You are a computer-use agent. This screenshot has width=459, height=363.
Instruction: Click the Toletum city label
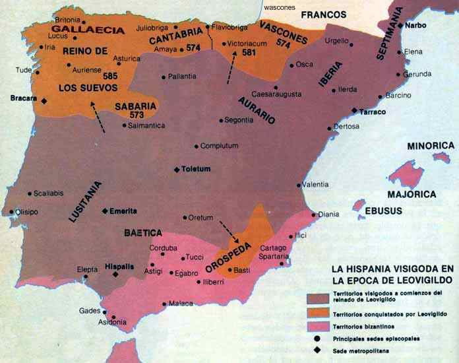point(196,169)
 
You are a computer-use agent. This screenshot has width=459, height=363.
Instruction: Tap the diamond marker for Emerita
point(105,211)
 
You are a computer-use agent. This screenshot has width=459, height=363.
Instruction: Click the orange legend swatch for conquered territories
point(319,314)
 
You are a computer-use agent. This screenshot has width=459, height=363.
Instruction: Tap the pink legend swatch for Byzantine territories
point(319,327)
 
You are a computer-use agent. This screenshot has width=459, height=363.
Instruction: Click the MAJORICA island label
point(412,195)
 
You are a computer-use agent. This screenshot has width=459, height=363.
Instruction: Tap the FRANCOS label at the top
point(323,15)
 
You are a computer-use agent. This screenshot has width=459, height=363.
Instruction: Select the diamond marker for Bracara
point(44,100)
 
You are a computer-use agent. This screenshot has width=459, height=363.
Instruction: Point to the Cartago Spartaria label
point(273,252)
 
